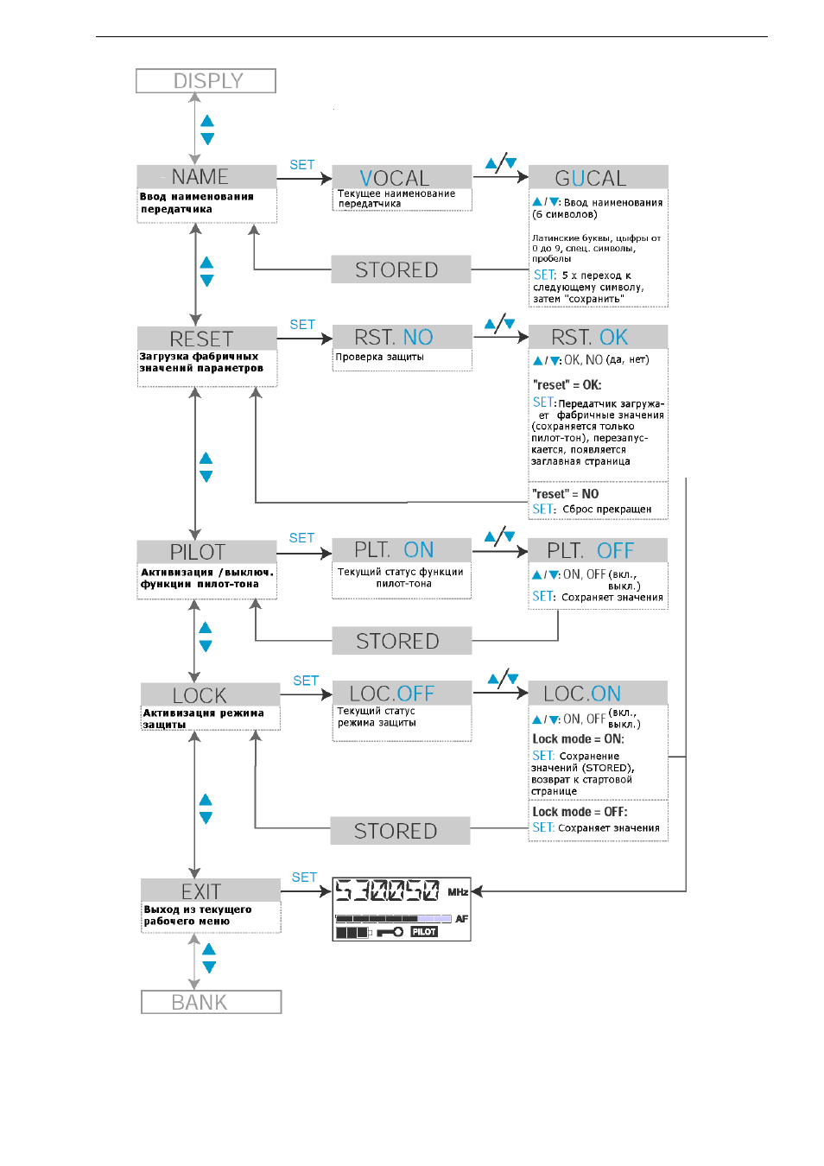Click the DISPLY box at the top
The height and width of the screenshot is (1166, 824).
206,80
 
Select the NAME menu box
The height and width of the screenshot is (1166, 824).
206,176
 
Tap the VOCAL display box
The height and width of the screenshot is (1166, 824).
402,177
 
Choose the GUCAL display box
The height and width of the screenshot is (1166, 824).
598,177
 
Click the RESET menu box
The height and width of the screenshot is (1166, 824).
207,339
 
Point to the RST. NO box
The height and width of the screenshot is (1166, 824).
402,337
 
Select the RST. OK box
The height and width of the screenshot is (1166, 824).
598,337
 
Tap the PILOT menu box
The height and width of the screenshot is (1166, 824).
206,552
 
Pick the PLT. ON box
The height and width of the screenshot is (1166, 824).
402,550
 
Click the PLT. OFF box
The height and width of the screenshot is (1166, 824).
598,550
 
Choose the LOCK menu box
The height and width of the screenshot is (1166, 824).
210,695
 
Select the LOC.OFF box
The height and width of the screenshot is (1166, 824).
402,693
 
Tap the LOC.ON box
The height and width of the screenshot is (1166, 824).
598,693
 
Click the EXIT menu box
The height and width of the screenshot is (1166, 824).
210,890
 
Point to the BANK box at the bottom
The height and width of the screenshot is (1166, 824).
212,1002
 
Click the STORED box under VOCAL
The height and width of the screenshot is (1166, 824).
401,269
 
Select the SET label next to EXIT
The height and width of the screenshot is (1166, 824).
304,878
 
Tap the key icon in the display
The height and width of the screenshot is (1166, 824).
390,932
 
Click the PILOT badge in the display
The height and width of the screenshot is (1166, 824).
424,932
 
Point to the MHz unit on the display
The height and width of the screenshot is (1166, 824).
458,892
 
